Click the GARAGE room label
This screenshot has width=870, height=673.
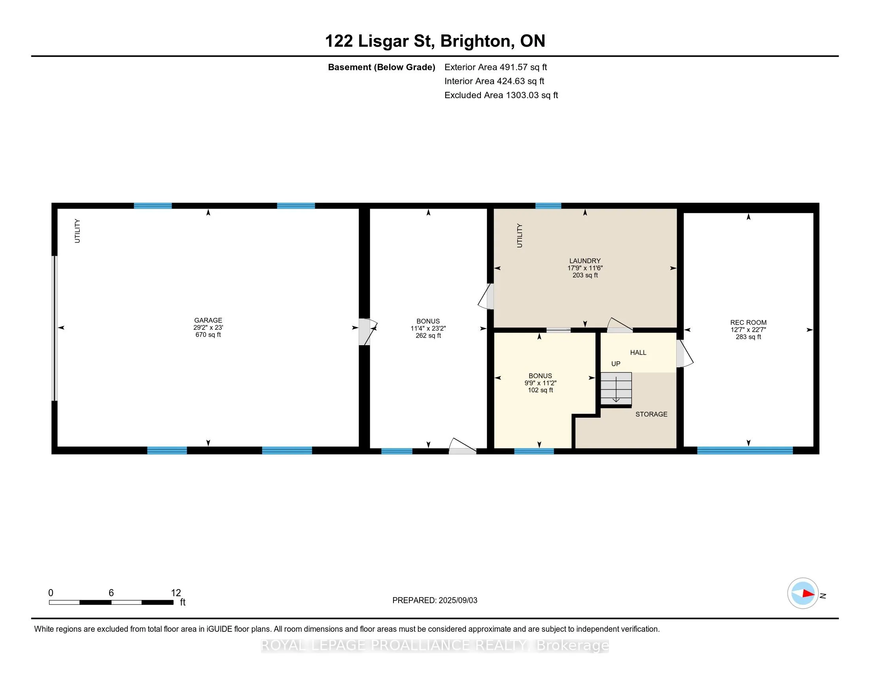click(x=208, y=320)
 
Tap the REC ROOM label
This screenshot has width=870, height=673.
click(x=748, y=323)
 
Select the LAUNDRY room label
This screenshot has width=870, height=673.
click(x=585, y=261)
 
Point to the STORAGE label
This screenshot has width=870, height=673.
click(x=651, y=414)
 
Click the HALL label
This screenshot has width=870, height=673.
click(x=638, y=352)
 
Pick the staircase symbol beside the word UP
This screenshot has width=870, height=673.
click(x=616, y=389)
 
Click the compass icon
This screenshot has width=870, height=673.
click(x=803, y=593)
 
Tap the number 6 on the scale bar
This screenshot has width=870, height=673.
click(x=111, y=593)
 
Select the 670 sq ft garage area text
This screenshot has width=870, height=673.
click(x=208, y=335)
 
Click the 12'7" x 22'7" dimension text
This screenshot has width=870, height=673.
click(x=748, y=330)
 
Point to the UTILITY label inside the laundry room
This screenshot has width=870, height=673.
click(x=520, y=236)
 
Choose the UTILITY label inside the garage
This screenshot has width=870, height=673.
click(x=77, y=231)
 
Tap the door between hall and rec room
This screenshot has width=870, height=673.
click(x=685, y=353)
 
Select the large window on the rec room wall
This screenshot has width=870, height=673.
click(x=745, y=451)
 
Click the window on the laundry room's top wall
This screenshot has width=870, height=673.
click(x=548, y=206)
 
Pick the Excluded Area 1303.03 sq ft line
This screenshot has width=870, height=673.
click(x=501, y=95)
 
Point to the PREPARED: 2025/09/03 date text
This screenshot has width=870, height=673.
click(x=435, y=601)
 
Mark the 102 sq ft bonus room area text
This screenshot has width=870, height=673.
click(x=540, y=390)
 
